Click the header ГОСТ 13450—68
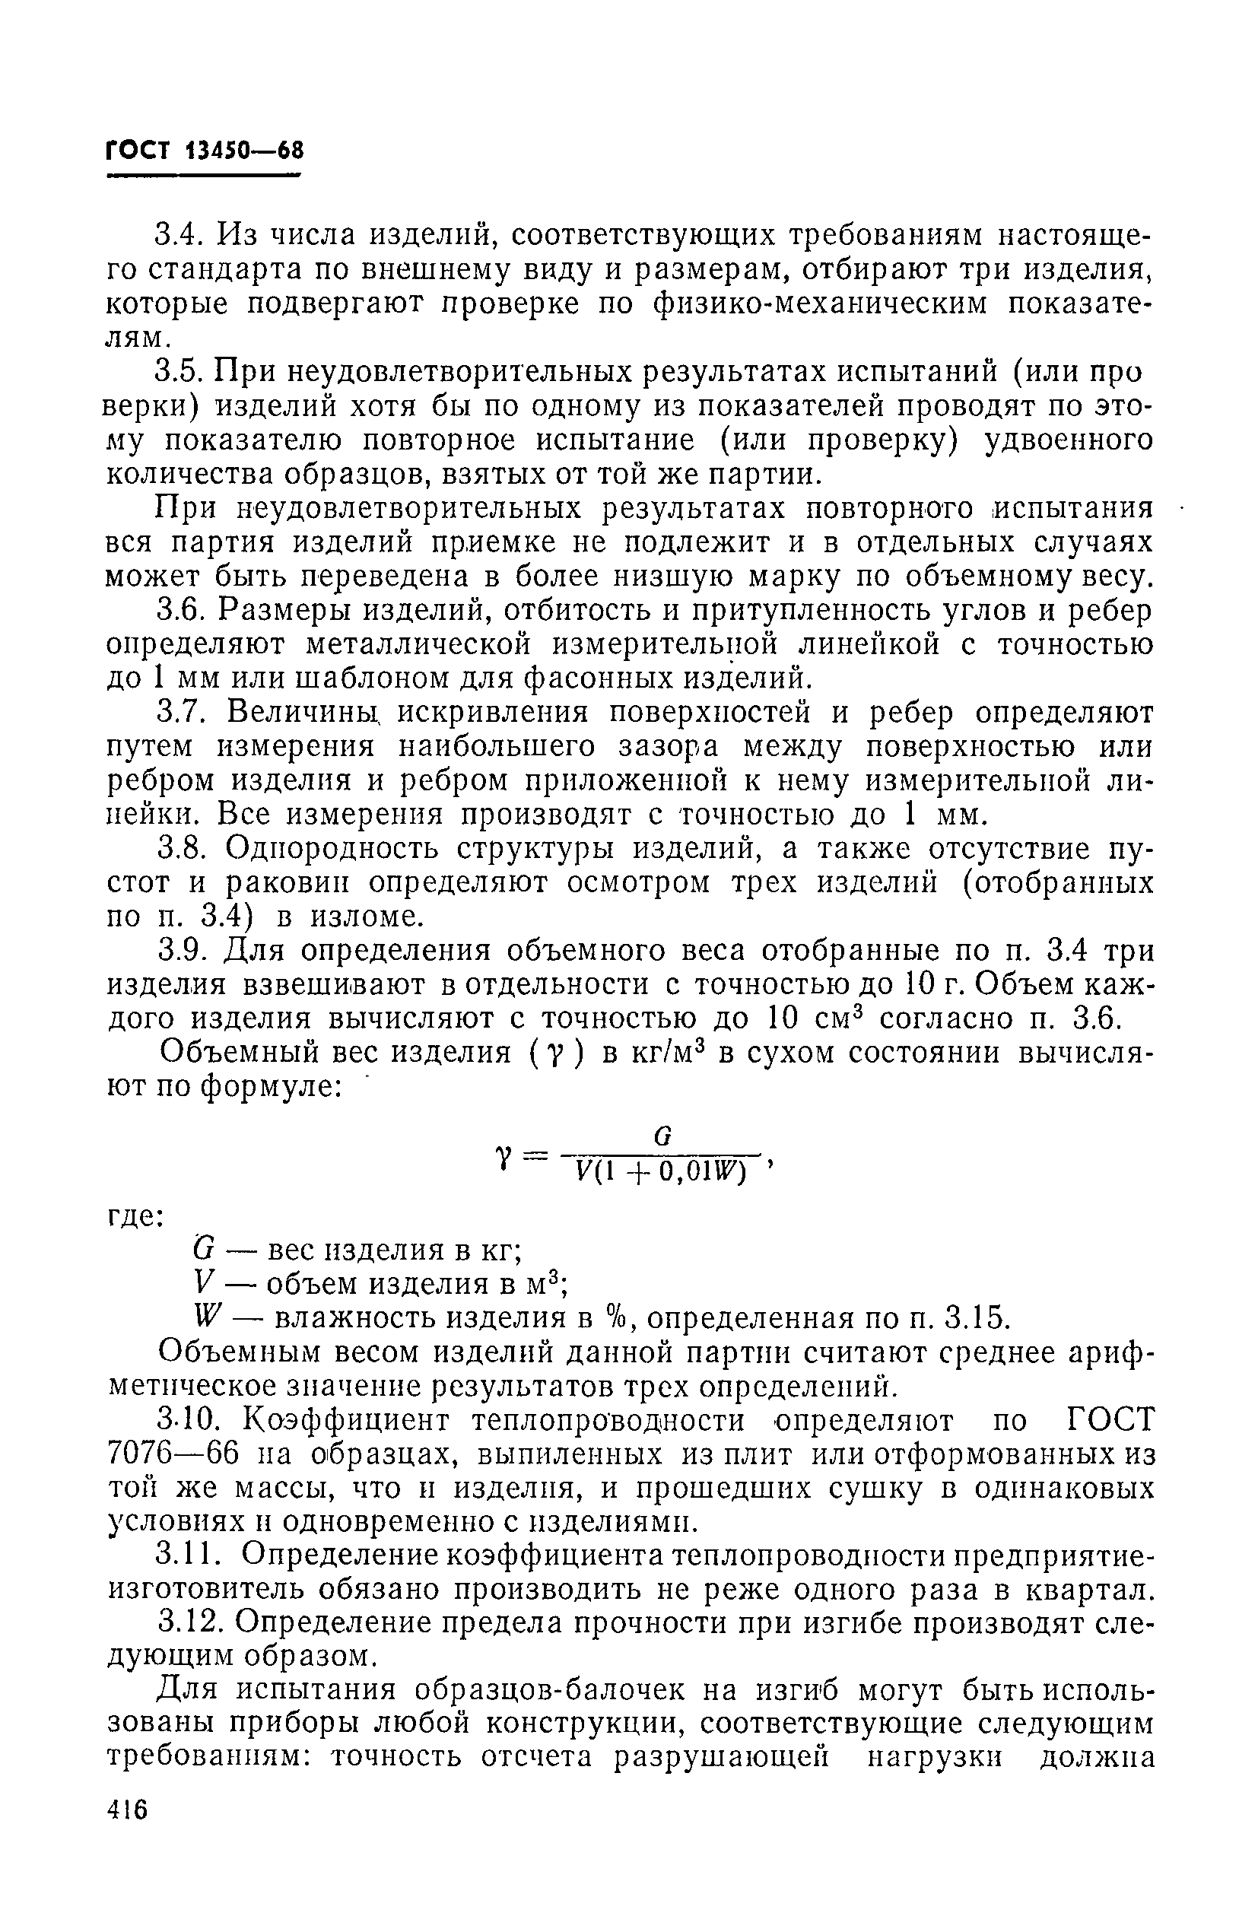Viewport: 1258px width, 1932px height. [x=205, y=151]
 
